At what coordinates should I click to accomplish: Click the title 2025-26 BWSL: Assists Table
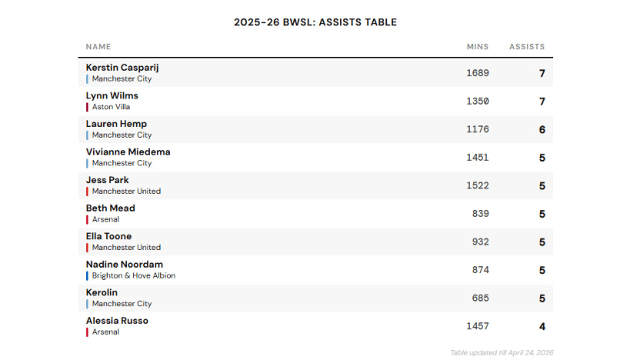click(x=315, y=22)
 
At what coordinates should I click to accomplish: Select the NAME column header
click(x=98, y=47)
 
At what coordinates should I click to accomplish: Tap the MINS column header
click(x=477, y=47)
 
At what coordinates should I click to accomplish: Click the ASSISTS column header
click(x=527, y=47)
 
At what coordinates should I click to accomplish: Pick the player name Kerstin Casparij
click(x=122, y=68)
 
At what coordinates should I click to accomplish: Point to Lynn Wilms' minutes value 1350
click(x=477, y=102)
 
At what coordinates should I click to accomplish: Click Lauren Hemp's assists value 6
click(x=542, y=130)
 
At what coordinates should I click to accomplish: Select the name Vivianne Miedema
click(x=128, y=152)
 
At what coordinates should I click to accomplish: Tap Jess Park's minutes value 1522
click(x=477, y=186)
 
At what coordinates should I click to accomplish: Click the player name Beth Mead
click(x=110, y=208)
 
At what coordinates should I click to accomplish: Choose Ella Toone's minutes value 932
click(x=480, y=242)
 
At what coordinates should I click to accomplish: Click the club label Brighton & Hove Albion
click(x=134, y=275)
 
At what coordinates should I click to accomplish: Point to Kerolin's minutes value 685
click(x=480, y=298)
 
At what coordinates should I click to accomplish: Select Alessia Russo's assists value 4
click(x=542, y=327)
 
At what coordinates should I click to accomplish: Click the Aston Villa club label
click(x=111, y=107)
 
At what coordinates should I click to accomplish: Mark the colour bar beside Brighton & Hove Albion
click(x=87, y=275)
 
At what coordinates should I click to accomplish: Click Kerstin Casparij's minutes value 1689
click(x=477, y=74)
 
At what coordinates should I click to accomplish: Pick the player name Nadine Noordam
click(x=124, y=265)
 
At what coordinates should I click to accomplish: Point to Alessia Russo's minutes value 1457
click(x=477, y=327)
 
